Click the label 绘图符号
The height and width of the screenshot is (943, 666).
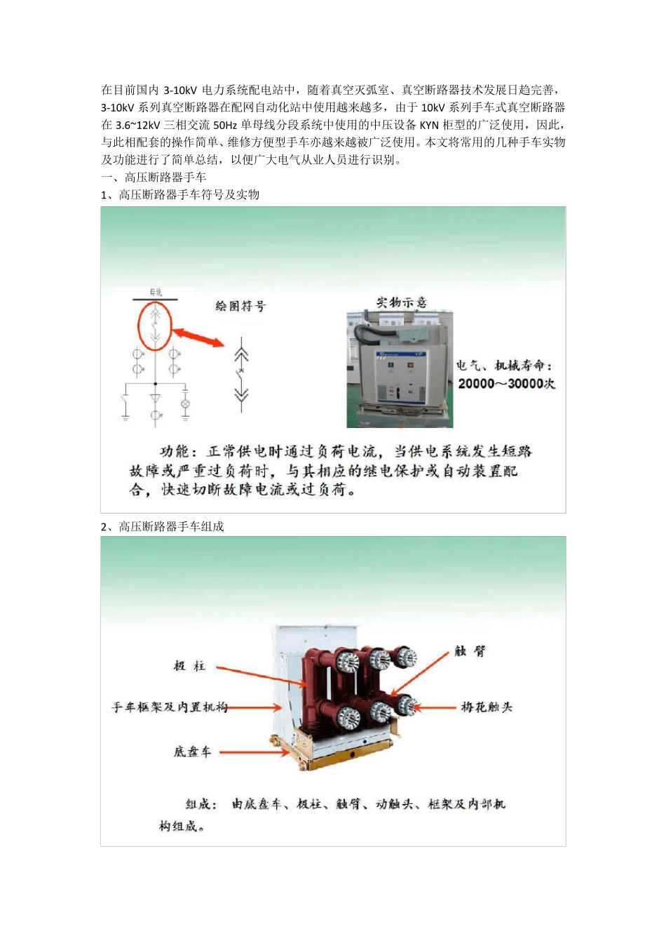[240, 306]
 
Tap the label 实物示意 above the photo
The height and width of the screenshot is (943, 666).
[401, 302]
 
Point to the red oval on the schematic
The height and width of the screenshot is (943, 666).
[155, 326]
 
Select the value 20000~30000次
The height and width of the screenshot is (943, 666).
[506, 384]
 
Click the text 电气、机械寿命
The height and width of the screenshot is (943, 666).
[504, 365]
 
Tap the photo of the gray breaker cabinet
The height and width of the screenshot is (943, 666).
[400, 369]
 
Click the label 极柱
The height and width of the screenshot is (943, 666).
[189, 665]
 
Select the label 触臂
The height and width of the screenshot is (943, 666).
[470, 650]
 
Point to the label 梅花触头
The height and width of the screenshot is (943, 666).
[487, 707]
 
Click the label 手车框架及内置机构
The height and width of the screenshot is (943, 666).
[170, 707]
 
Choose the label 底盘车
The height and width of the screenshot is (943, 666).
[192, 751]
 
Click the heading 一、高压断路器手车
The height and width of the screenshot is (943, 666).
[154, 178]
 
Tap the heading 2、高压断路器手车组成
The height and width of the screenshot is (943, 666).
[162, 526]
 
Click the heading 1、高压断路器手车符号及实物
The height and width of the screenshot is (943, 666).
[180, 194]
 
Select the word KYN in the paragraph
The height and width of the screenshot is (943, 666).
[429, 125]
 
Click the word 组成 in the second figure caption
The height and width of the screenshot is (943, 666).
[201, 804]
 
